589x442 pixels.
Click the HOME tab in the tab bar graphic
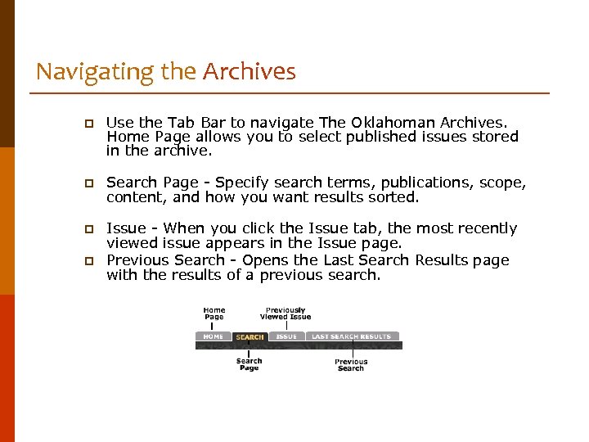(213, 336)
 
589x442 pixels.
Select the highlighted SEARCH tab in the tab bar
(250, 336)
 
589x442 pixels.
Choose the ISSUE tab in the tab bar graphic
(286, 336)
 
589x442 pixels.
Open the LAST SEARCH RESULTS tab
(351, 336)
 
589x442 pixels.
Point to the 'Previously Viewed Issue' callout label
(286, 313)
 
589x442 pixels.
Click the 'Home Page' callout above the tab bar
(214, 313)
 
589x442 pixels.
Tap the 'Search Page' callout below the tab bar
(250, 364)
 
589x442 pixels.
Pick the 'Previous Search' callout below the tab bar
(351, 365)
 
